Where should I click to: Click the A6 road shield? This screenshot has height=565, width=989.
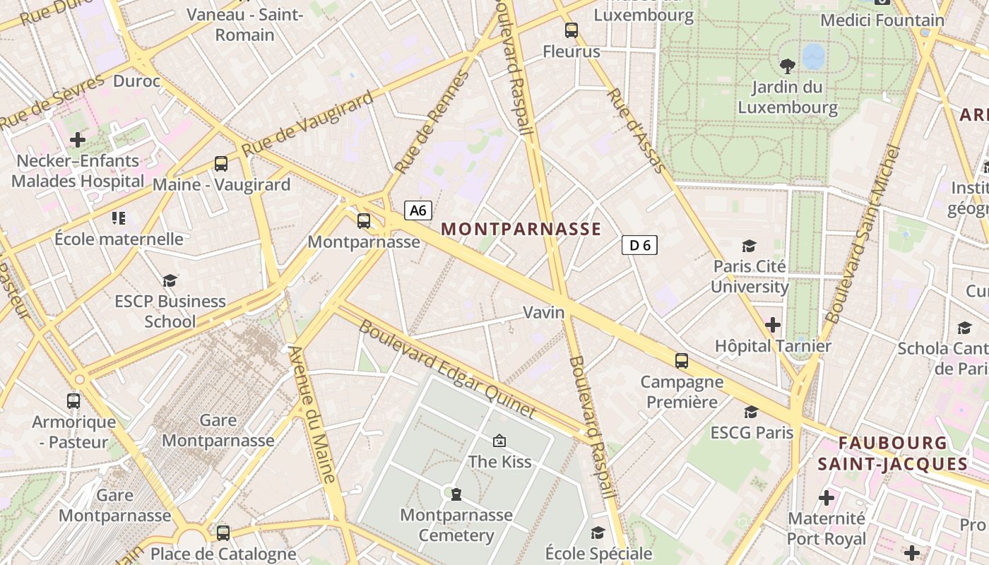tap(418, 210)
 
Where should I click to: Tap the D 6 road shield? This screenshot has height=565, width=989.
tap(639, 245)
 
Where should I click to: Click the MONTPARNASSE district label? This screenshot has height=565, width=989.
tap(521, 229)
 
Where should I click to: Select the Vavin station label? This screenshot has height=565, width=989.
tap(544, 312)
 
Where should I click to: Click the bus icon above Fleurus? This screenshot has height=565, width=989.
tap(572, 30)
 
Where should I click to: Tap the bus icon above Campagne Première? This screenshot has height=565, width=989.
tap(682, 361)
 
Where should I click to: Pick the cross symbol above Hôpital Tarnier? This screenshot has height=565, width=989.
tap(773, 325)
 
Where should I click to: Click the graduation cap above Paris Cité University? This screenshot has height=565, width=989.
tap(749, 246)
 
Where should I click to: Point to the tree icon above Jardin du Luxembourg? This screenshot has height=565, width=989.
tap(787, 66)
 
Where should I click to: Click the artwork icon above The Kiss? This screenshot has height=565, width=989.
tap(499, 441)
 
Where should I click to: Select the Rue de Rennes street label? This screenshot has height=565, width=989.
tap(432, 122)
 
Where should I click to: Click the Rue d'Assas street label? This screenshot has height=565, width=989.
tap(636, 131)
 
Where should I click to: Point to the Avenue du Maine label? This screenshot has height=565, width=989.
tap(312, 414)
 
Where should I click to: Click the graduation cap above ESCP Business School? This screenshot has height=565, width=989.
tap(170, 281)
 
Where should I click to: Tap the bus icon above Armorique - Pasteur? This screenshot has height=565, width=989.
tap(73, 401)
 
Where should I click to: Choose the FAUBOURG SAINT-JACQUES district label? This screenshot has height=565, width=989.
tap(893, 453)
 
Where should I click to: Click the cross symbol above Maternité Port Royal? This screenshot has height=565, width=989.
tap(827, 498)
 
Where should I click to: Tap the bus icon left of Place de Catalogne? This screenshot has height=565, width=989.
tap(223, 533)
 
